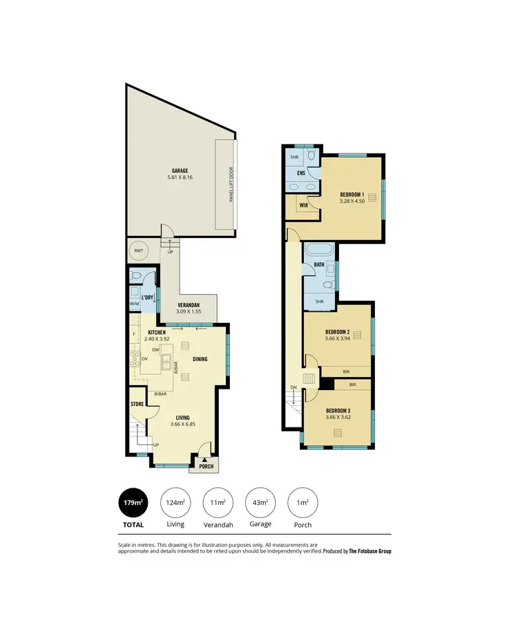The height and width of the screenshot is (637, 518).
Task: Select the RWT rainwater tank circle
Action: tap(139, 251)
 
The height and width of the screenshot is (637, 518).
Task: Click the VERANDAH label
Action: tap(189, 305)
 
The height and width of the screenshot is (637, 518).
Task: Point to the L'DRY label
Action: tap(147, 297)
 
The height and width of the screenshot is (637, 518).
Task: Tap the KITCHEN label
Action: tap(156, 333)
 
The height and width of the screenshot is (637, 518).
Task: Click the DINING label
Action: tap(200, 359)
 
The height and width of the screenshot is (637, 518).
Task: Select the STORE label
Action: tap(137, 403)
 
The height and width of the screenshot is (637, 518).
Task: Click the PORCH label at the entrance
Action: tap(207, 466)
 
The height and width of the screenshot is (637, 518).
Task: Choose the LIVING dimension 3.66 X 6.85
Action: tap(182, 425)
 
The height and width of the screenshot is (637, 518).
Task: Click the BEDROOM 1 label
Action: tap(353, 194)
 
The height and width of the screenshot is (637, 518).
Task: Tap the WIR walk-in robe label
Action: tap(303, 205)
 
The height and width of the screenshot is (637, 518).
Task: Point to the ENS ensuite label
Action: tap(301, 173)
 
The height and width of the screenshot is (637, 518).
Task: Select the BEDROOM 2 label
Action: tap(338, 332)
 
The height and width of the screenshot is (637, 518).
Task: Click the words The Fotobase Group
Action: tap(370, 551)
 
